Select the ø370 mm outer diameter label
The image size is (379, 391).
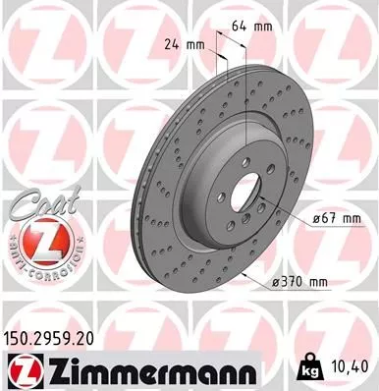pyautogui.click(x=298, y=282)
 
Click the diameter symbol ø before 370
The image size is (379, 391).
pyautogui.click(x=274, y=282)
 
